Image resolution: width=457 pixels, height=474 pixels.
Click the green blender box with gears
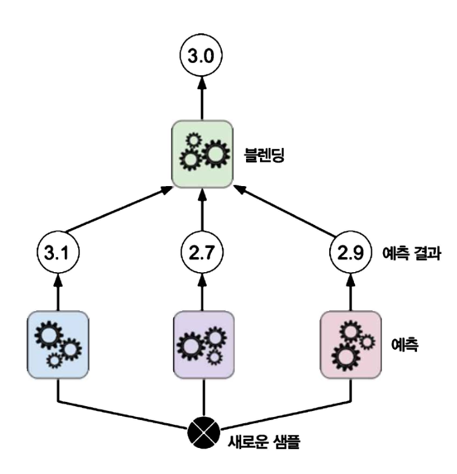click(202, 155)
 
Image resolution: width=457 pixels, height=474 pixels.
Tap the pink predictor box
click(349, 342)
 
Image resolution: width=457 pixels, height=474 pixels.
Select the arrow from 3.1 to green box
click(118, 210)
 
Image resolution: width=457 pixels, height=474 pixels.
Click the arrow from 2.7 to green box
click(202, 212)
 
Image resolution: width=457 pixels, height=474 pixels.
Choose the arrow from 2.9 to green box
click(285, 210)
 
